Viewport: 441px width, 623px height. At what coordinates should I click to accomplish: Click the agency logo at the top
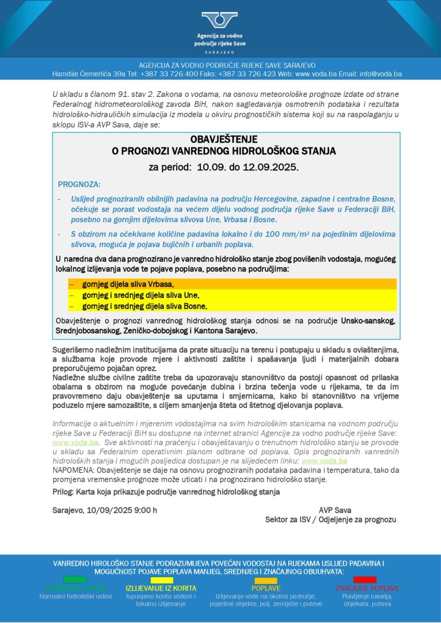pyautogui.click(x=219, y=21)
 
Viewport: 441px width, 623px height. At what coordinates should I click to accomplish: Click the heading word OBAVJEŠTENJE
pyautogui.click(x=224, y=139)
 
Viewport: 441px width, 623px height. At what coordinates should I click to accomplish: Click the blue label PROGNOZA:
pyautogui.click(x=79, y=184)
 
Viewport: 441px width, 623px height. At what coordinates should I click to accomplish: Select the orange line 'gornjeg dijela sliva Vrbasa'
pyautogui.click(x=127, y=284)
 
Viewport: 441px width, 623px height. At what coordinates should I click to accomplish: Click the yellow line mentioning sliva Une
pyautogui.click(x=141, y=295)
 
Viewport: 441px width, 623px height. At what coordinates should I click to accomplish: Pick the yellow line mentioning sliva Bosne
pyautogui.click(x=144, y=306)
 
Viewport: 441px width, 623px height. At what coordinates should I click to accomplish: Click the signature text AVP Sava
pyautogui.click(x=335, y=510)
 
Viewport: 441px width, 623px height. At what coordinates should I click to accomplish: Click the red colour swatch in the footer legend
pyautogui.click(x=365, y=579)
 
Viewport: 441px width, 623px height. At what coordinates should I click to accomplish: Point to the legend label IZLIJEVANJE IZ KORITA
pyautogui.click(x=161, y=588)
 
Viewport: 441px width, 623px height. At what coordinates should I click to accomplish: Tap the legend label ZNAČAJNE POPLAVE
pyautogui.click(x=367, y=588)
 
